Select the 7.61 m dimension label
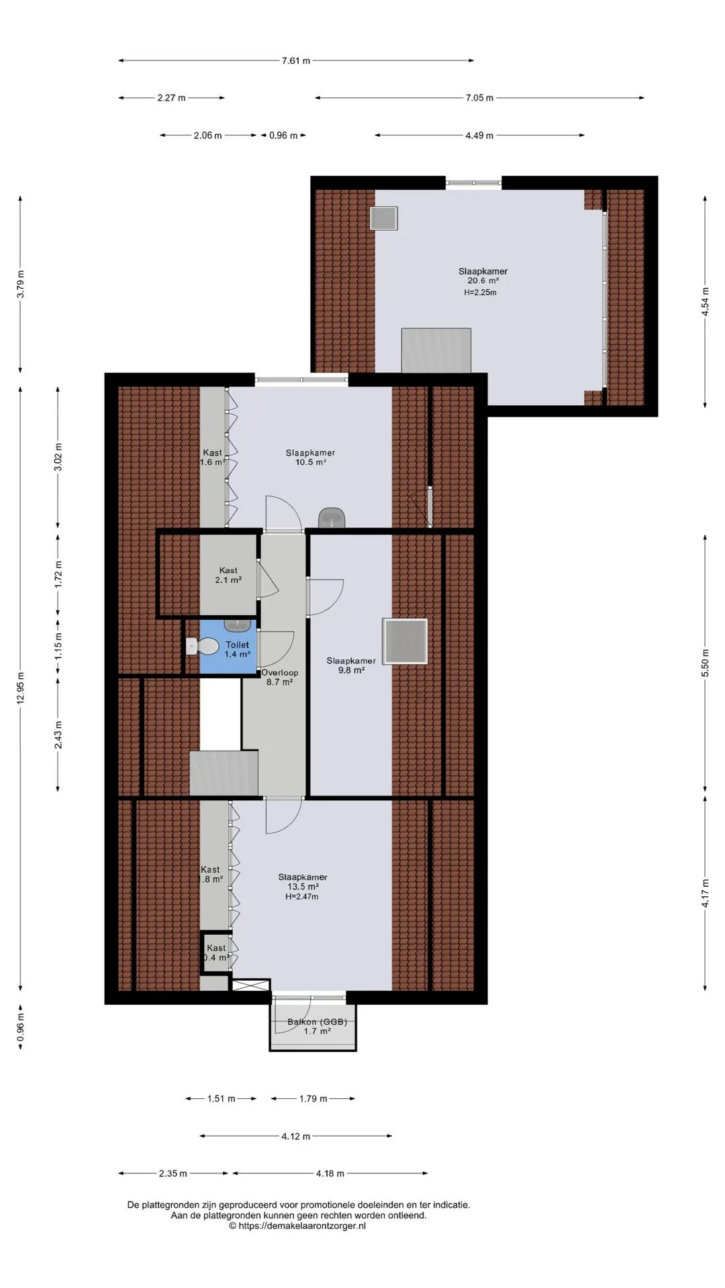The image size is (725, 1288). tap(296, 60)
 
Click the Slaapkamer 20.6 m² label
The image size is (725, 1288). tap(483, 276)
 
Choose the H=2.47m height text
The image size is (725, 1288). tap(301, 896)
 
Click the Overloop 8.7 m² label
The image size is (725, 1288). tap(279, 677)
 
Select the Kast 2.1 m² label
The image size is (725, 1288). tap(228, 575)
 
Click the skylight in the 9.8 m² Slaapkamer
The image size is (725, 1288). tap(405, 641)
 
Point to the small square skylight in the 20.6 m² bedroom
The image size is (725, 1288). tap(383, 218)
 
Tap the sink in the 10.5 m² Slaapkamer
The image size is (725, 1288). tap(332, 517)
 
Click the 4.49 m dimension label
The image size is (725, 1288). tap(479, 136)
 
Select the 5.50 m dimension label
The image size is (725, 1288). tap(705, 663)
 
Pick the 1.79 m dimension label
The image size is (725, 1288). tap(313, 1099)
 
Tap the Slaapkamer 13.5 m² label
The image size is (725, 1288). tap(303, 881)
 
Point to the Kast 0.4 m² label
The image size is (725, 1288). tap(216, 953)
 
